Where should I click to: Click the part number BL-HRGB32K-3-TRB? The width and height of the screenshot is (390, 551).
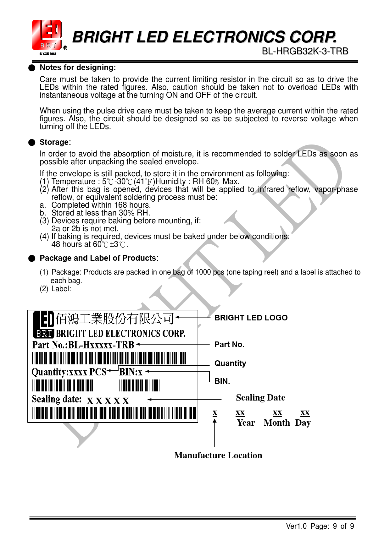305,51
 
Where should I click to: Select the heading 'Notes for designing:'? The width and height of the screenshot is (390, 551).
78,68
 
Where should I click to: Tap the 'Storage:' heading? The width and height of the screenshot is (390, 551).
55,142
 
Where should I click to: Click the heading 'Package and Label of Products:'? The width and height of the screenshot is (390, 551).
99,258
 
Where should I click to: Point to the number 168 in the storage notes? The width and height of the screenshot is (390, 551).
120,205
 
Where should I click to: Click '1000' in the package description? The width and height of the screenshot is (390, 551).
203,272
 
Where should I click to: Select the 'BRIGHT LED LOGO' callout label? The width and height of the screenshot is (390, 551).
251,318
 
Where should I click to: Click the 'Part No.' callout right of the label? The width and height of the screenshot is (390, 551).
229,345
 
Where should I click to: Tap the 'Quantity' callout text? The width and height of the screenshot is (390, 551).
230,363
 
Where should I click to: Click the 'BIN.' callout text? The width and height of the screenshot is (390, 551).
222,381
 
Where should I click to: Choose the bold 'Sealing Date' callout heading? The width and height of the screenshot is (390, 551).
260,398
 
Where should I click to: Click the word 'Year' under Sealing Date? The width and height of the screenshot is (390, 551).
246,423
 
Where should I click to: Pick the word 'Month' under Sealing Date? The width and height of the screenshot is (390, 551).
277,423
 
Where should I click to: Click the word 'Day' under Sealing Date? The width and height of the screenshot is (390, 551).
303,423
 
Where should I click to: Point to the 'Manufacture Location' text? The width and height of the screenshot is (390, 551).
218,456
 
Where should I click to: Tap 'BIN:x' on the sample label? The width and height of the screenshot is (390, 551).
131,372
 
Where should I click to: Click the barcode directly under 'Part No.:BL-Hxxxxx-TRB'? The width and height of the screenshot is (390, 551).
109,358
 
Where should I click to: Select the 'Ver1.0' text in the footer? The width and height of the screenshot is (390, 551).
296,526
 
